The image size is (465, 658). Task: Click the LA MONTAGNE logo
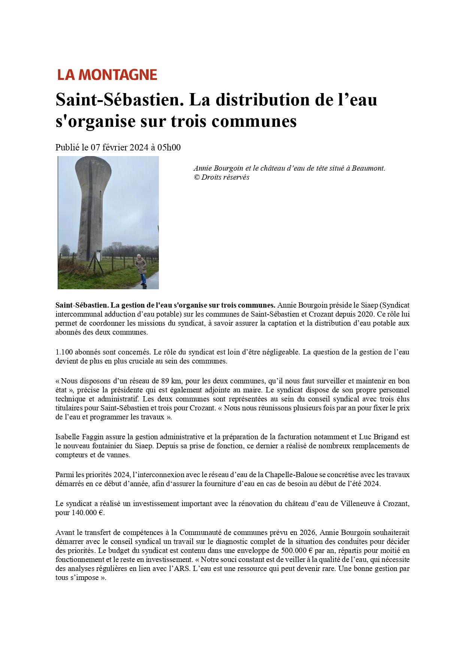107,75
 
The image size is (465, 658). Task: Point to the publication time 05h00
169,147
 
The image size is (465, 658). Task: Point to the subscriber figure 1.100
64,352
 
